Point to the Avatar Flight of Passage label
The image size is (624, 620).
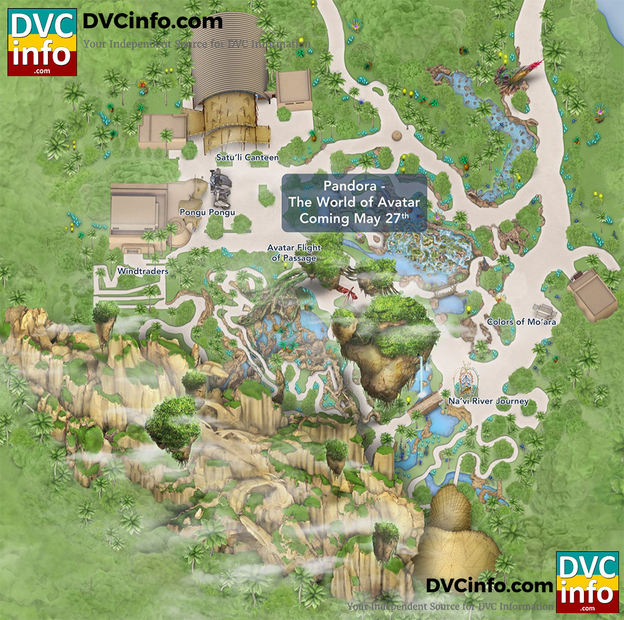[x=294, y=253]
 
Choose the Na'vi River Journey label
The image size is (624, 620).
[x=488, y=401]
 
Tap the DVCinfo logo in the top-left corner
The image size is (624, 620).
[x=42, y=42]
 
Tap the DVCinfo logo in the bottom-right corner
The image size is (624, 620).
[x=586, y=582]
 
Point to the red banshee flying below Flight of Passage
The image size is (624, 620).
[x=348, y=292]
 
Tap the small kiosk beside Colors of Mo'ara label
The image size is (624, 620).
[x=542, y=310]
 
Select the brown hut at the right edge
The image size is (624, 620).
[x=589, y=290]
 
